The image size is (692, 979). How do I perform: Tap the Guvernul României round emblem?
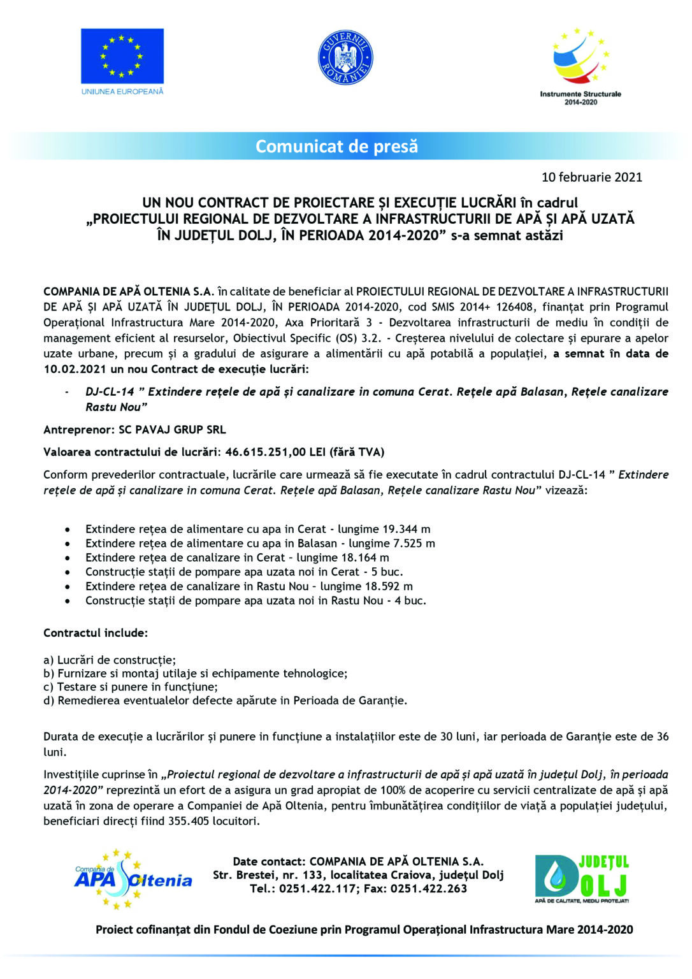[345, 58]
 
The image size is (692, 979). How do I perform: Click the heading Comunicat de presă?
[336, 147]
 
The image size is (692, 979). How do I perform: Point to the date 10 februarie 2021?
[591, 177]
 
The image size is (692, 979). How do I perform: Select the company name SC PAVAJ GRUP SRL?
[172, 430]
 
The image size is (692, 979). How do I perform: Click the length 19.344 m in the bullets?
[406, 529]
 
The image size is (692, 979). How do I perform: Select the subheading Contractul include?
[96, 634]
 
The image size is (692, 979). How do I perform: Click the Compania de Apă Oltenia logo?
[133, 880]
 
